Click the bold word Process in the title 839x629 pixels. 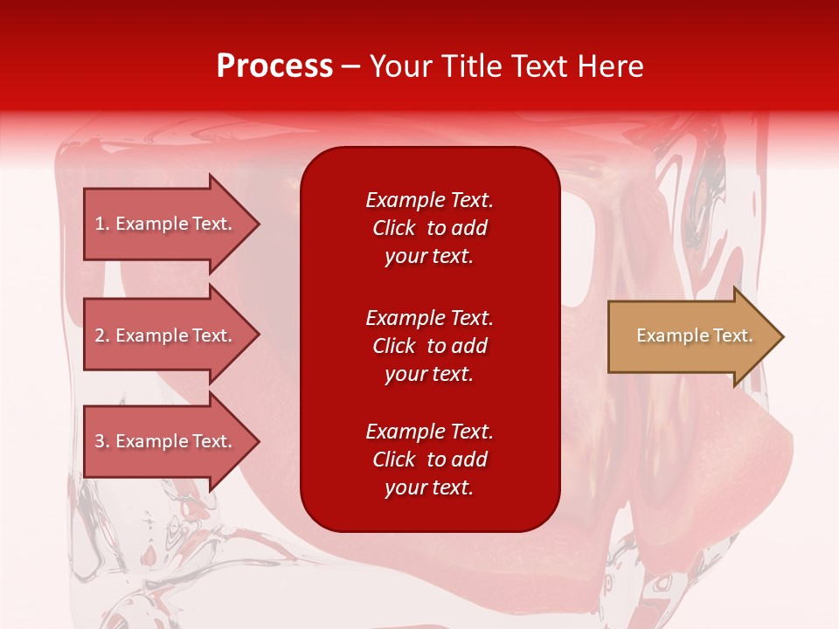tap(274, 66)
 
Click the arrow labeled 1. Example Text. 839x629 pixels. tap(166, 224)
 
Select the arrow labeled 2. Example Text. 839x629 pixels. tap(166, 335)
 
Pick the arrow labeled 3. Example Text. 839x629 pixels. tap(166, 441)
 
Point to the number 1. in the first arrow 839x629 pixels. tap(102, 224)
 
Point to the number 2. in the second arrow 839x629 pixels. tap(102, 335)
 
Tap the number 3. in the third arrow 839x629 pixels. tap(102, 441)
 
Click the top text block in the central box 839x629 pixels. tap(429, 228)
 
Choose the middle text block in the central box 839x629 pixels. tap(429, 346)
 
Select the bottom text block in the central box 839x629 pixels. tap(429, 460)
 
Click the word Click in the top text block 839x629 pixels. tap(393, 228)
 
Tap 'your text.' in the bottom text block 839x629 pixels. tap(429, 487)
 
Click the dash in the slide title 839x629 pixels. tap(350, 66)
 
